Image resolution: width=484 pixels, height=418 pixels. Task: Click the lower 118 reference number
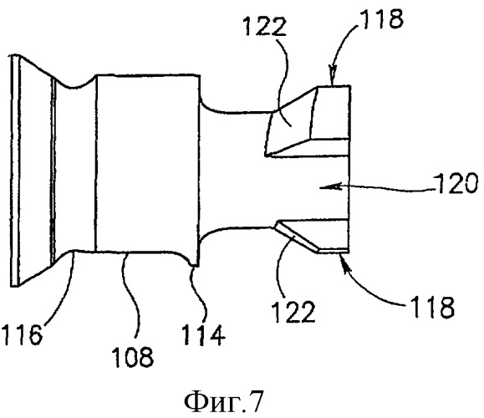(x=432, y=307)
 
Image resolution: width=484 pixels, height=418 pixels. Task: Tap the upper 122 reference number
(x=265, y=26)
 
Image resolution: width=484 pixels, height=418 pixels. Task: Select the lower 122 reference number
(x=293, y=312)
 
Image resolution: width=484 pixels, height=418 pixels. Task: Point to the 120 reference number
(x=456, y=183)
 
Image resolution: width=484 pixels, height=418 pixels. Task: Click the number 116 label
(x=22, y=334)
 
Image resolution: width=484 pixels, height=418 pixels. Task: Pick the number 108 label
(x=132, y=357)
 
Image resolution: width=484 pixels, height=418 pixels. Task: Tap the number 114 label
(x=203, y=335)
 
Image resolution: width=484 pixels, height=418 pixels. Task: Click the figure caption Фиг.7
(x=224, y=402)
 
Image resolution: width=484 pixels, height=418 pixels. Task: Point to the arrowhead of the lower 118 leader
(x=344, y=259)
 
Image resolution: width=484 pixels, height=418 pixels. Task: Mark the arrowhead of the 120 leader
(x=330, y=186)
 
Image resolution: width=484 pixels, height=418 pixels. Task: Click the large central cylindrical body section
(x=148, y=163)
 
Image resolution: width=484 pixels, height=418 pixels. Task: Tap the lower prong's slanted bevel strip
(x=296, y=237)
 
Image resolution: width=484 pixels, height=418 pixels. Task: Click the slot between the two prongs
(x=308, y=188)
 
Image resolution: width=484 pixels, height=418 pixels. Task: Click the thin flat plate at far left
(x=15, y=171)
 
